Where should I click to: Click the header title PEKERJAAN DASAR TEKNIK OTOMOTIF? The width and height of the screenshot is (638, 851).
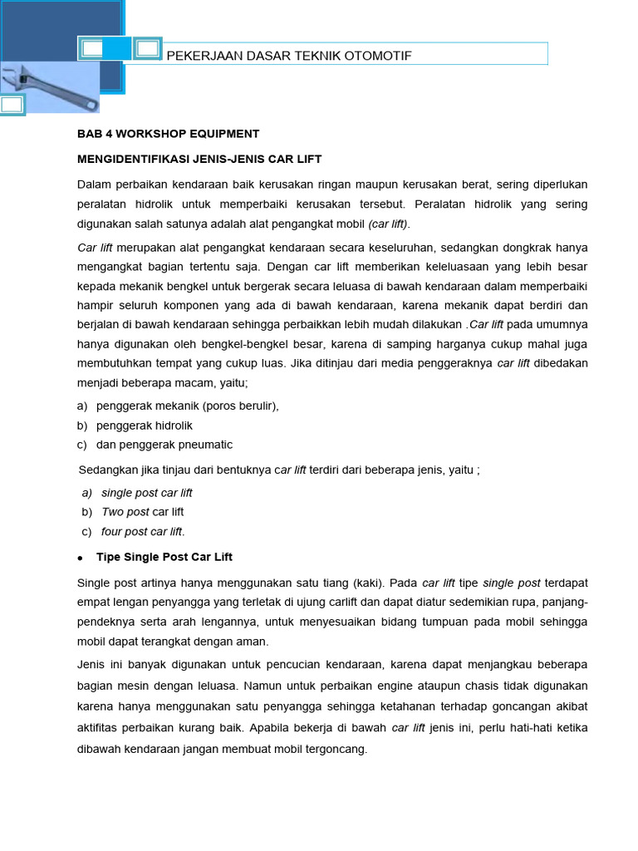pyautogui.click(x=289, y=56)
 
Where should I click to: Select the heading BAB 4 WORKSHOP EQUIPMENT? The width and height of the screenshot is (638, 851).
pyautogui.click(x=169, y=133)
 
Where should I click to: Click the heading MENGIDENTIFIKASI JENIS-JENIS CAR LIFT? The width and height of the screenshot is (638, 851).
pyautogui.click(x=199, y=158)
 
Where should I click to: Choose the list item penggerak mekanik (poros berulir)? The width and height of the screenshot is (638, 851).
pyautogui.click(x=188, y=406)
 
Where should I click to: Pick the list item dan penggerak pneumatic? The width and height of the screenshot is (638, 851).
pyautogui.click(x=164, y=445)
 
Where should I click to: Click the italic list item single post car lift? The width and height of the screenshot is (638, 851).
pyautogui.click(x=146, y=493)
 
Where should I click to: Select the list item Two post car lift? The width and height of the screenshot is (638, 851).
pyautogui.click(x=142, y=512)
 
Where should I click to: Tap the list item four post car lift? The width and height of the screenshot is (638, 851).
pyautogui.click(x=143, y=532)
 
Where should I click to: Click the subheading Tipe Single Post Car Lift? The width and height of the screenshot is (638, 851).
pyautogui.click(x=170, y=557)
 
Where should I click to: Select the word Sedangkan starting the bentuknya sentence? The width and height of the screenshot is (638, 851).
pyautogui.click(x=108, y=470)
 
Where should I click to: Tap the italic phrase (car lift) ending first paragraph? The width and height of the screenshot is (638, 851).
pyautogui.click(x=389, y=224)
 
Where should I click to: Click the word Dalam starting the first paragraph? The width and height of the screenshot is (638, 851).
pyautogui.click(x=94, y=184)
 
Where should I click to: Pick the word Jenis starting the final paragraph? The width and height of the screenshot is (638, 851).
pyautogui.click(x=91, y=664)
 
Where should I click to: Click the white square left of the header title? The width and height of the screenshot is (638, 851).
pyautogui.click(x=93, y=49)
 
